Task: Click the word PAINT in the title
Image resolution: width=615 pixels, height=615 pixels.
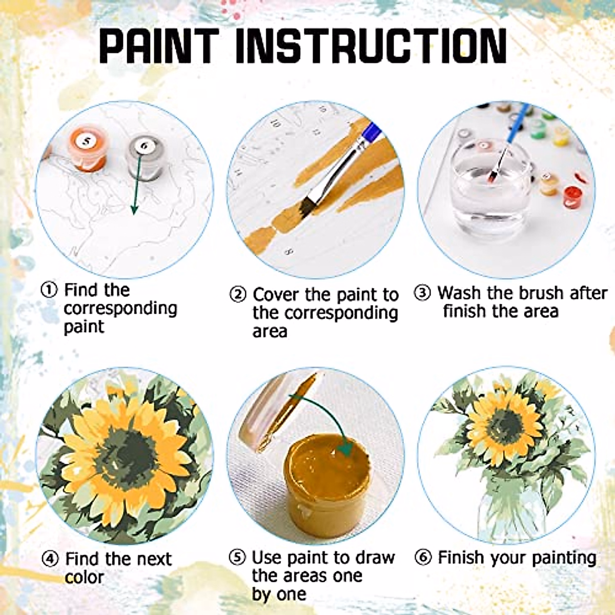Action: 159,46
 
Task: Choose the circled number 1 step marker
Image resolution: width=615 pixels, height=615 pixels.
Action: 49,290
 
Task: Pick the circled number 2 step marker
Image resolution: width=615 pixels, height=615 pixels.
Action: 238,295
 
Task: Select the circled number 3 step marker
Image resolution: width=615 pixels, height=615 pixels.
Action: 422,293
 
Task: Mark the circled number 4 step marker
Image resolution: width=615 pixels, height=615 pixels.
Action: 50,559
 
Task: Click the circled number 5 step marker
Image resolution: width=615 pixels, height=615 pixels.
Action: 237,558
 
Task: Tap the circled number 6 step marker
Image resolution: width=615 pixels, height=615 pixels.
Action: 423,558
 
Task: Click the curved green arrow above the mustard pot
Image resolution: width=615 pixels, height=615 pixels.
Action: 328,415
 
